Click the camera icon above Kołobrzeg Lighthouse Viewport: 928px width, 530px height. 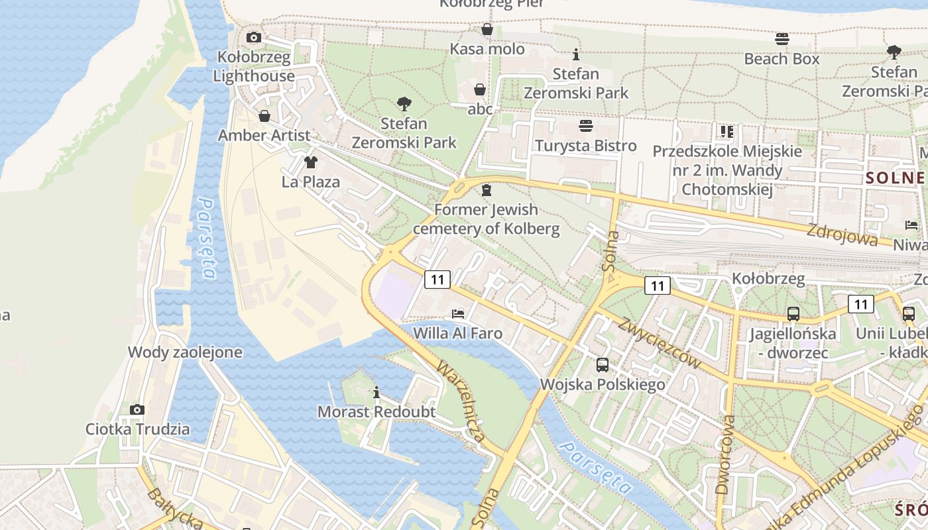tap(253, 38)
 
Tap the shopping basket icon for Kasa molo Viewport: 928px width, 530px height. tap(487, 30)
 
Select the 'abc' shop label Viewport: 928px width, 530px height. tap(480, 109)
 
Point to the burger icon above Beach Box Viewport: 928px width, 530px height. tap(782, 39)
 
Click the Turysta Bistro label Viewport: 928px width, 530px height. tap(585, 146)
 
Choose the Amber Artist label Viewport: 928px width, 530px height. tap(264, 135)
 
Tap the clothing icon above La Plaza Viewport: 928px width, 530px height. tap(310, 162)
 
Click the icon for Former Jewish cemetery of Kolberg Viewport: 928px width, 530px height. tap(487, 191)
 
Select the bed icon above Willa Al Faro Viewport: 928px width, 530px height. tap(457, 313)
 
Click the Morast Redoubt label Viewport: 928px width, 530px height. tap(377, 411)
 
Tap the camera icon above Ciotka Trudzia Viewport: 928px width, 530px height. tap(137, 409)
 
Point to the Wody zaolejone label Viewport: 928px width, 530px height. tap(185, 352)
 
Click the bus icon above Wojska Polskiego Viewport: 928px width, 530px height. tap(603, 364)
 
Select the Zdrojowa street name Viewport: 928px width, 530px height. tap(842, 235)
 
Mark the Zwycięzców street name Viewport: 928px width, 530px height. tap(660, 343)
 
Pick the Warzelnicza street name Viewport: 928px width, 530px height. tap(461, 401)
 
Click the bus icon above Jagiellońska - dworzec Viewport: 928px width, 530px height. tap(793, 314)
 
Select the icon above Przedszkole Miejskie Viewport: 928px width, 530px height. tap(727, 132)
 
